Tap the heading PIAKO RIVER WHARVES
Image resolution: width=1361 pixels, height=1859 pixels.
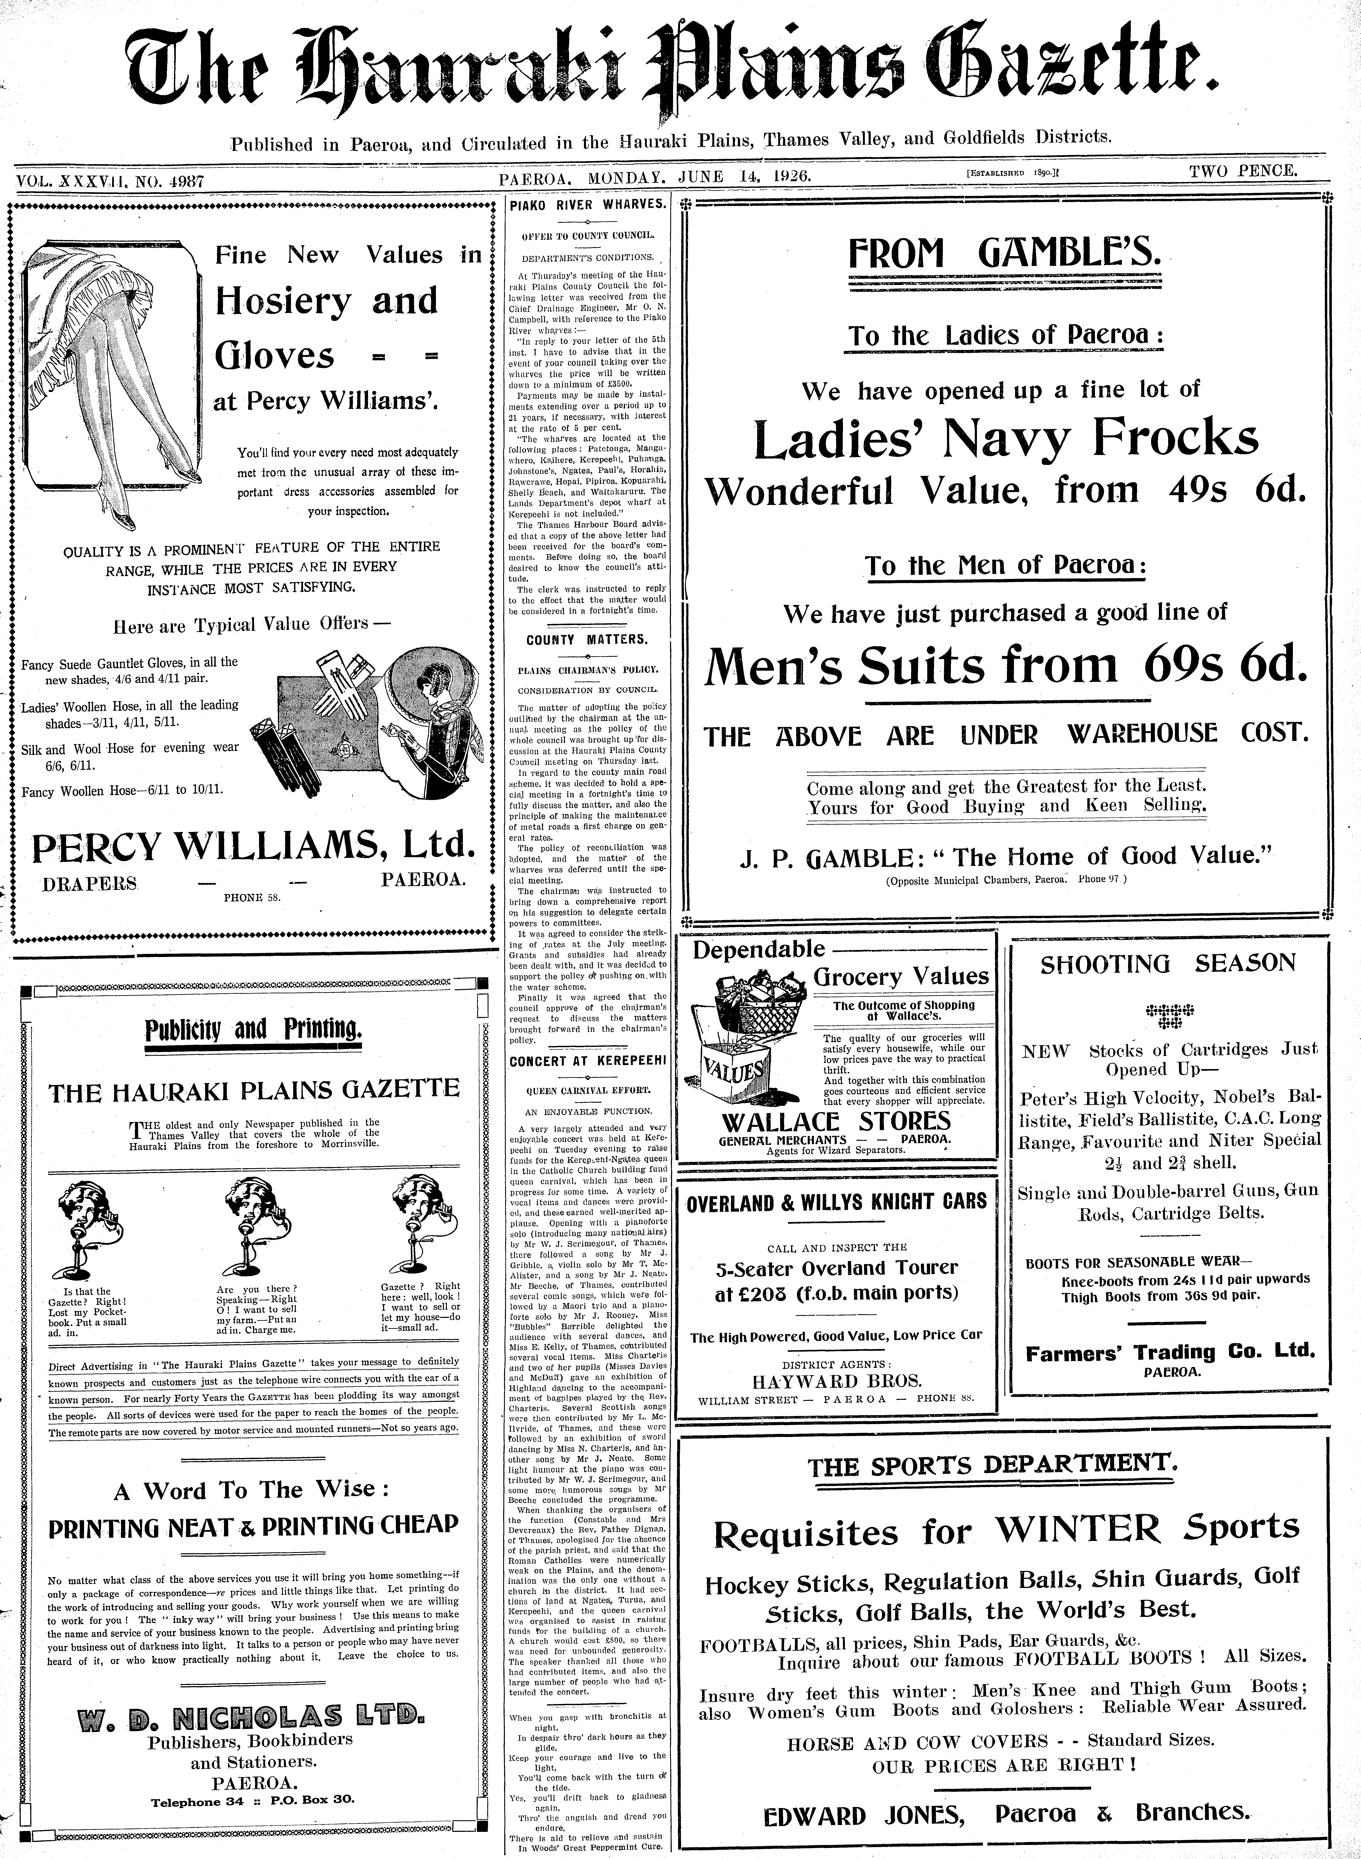click(x=587, y=203)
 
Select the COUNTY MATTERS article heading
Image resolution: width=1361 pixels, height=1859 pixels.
click(x=587, y=639)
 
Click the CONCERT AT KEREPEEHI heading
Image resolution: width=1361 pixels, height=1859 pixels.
click(x=587, y=1062)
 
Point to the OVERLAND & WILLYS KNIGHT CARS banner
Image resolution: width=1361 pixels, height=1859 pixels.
click(x=836, y=1202)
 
